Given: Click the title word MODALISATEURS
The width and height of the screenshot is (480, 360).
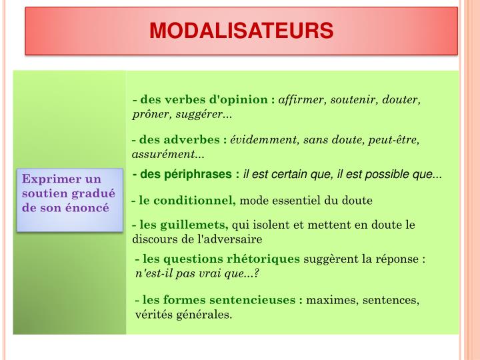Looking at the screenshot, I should coord(241,31).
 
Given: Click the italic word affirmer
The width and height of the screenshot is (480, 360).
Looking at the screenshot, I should coord(300,100).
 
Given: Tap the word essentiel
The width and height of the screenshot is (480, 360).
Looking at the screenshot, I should coord(297,200).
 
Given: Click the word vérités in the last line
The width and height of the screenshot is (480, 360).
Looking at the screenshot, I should coord(153,314).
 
